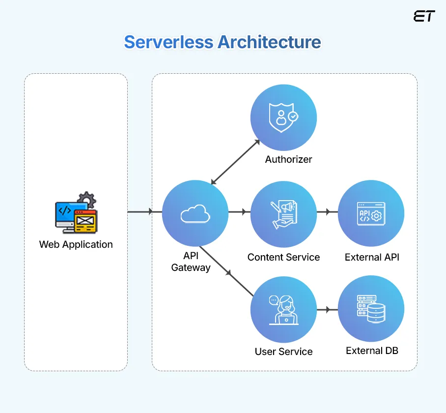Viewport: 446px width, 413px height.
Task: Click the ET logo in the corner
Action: click(x=424, y=16)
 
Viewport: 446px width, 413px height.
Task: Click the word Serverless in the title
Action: click(x=168, y=42)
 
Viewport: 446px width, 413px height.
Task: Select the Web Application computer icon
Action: click(x=76, y=212)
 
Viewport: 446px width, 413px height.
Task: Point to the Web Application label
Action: click(x=76, y=244)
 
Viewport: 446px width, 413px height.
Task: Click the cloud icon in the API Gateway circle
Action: click(x=195, y=213)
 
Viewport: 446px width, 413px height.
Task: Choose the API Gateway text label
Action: click(x=191, y=262)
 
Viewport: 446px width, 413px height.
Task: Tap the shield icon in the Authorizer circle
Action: click(x=283, y=118)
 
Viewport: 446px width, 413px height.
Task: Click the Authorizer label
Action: click(x=288, y=159)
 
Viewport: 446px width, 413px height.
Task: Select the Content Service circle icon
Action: click(x=283, y=213)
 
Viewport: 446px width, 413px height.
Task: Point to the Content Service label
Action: click(x=283, y=257)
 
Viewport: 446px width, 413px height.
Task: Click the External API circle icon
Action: click(x=371, y=213)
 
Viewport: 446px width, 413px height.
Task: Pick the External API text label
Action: click(x=372, y=257)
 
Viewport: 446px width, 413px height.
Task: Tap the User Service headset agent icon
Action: click(x=283, y=309)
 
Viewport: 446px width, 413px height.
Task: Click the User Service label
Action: click(x=283, y=352)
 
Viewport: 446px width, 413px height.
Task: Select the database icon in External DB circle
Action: click(x=371, y=309)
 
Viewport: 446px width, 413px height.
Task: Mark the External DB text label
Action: click(x=372, y=351)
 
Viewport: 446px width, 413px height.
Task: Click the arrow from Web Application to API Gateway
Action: click(x=144, y=212)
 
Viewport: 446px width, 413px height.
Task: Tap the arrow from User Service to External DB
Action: click(x=327, y=310)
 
